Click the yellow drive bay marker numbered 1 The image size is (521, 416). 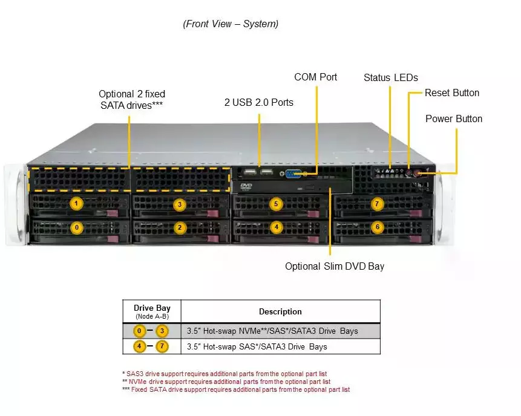click(76, 204)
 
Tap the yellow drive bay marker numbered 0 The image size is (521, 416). click(76, 228)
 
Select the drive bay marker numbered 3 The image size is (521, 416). click(179, 204)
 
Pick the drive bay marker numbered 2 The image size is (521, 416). click(179, 228)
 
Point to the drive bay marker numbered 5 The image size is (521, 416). click(276, 204)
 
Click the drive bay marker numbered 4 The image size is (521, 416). click(276, 228)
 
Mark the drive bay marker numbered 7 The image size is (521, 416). click(378, 204)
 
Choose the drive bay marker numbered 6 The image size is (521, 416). click(378, 227)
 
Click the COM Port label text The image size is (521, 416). click(315, 77)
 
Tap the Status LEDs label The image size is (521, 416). click(390, 78)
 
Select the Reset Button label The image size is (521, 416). click(451, 93)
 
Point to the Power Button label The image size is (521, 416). click(454, 119)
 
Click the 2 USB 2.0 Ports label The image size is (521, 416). click(258, 103)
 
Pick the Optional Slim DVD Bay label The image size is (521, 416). click(335, 266)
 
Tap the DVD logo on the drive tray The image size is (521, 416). click(246, 186)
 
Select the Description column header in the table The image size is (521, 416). click(280, 312)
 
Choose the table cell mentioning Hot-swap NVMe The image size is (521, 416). click(280, 331)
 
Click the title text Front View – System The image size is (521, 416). click(231, 24)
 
